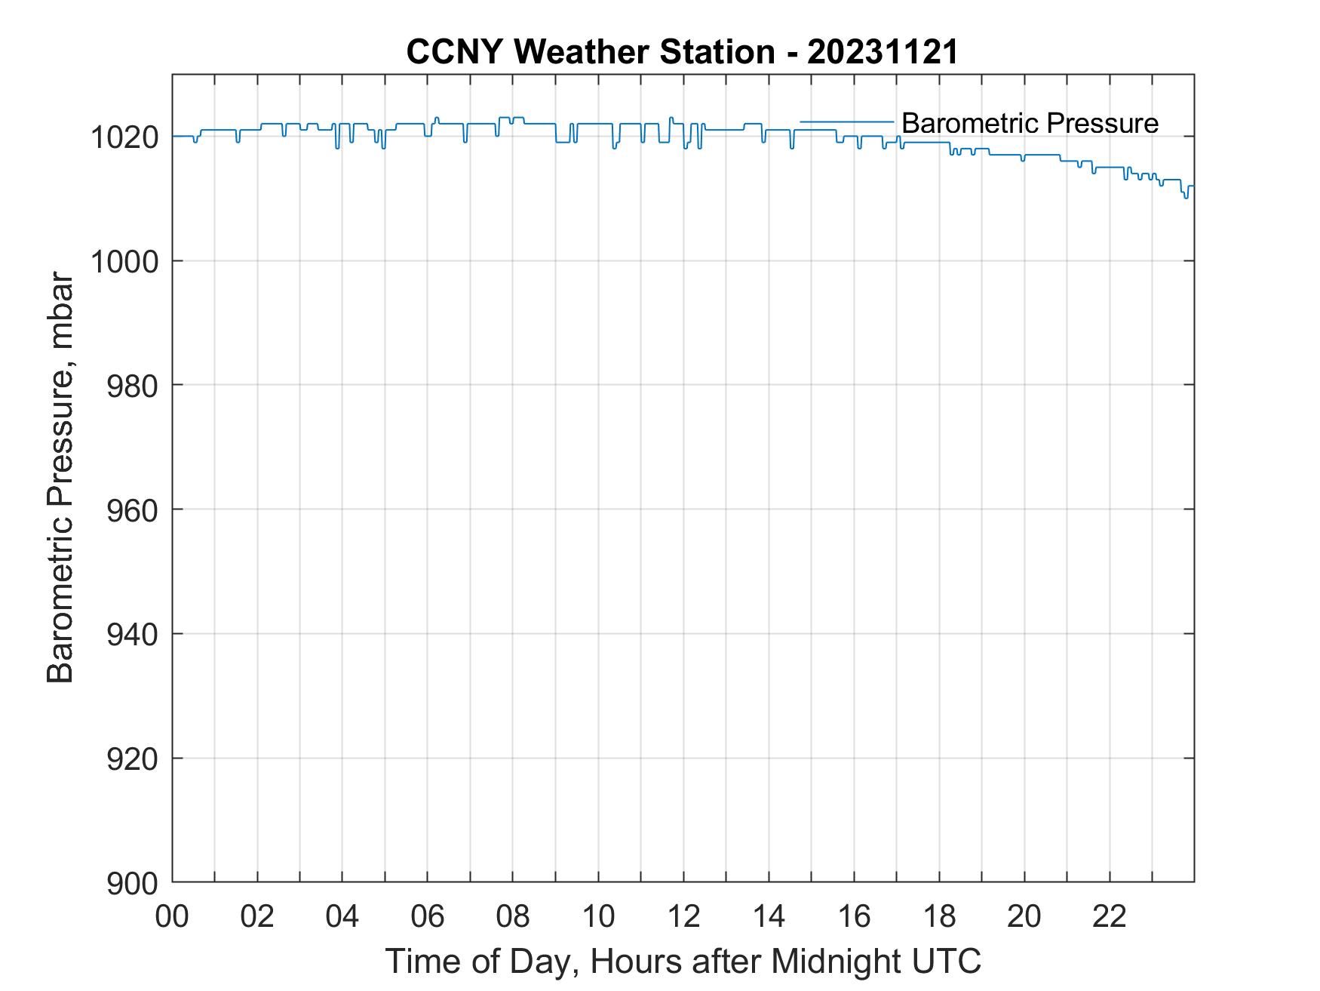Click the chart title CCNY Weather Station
590,52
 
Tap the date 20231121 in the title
883,52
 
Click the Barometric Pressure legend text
1030,122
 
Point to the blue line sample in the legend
846,122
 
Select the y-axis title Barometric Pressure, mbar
60,479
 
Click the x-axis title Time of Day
683,961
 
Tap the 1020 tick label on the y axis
124,137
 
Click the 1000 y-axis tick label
124,261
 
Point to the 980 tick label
132,386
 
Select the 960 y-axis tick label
132,509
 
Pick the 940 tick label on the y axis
132,634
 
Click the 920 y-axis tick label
132,758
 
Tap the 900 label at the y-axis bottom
132,882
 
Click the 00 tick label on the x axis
172,916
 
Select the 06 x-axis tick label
428,916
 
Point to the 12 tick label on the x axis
683,916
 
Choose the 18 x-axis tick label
939,916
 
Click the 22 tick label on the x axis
1110,916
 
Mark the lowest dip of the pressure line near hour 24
1186,198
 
